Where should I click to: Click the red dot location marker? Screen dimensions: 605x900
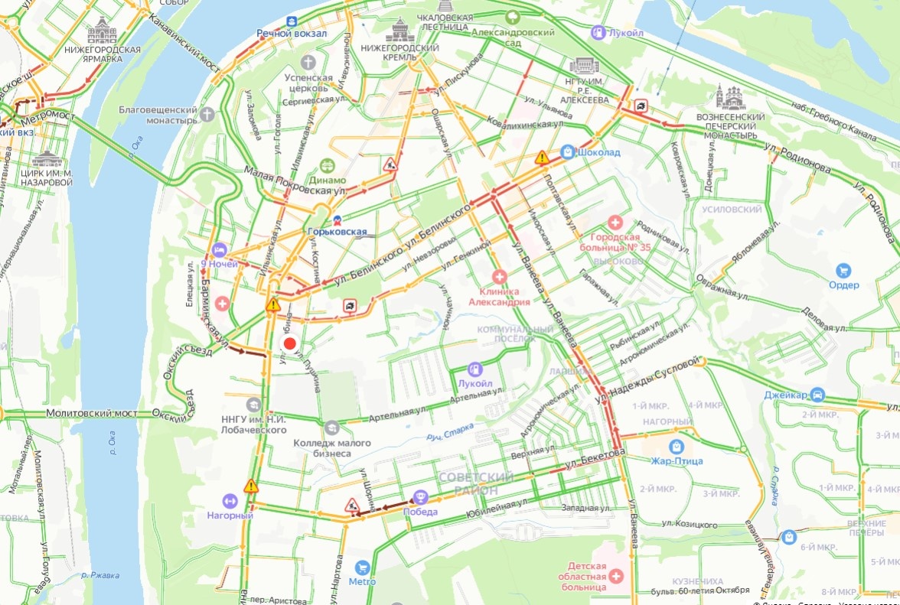tap(290, 343)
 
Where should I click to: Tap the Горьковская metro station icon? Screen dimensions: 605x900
tap(327, 221)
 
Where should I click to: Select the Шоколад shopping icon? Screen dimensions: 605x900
tap(567, 152)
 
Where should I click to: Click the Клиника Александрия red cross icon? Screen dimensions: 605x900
tap(499, 276)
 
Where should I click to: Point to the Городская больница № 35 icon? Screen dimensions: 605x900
tap(615, 223)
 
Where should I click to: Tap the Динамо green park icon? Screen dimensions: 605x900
tap(328, 165)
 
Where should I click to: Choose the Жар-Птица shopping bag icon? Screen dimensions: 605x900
tap(676, 446)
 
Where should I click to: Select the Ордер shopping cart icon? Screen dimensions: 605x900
tap(843, 270)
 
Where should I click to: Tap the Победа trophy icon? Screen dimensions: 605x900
tap(420, 497)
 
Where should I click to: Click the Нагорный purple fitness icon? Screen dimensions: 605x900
tap(229, 501)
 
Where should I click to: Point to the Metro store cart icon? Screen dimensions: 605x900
tap(363, 567)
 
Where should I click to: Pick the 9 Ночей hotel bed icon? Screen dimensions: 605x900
tap(219, 249)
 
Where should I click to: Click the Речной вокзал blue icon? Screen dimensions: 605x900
tap(292, 21)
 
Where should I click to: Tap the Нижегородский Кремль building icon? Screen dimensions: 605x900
tap(399, 31)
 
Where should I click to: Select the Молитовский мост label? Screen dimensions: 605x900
tap(92, 413)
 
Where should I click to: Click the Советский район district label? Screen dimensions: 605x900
tap(476, 483)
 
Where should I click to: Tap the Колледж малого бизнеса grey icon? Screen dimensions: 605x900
tap(331, 428)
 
